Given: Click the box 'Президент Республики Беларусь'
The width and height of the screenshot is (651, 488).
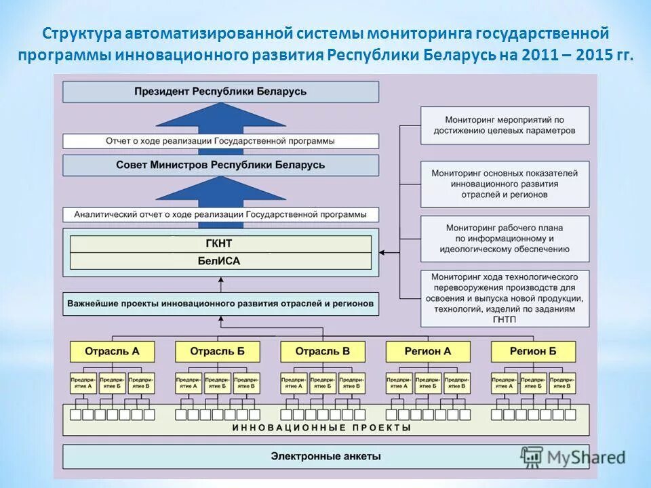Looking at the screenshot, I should [x=220, y=91].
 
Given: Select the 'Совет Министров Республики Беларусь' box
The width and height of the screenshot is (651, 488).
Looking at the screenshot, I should [x=220, y=165].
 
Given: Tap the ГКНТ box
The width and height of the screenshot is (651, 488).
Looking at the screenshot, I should [x=220, y=243].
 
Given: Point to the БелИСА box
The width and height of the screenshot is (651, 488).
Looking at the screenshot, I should [x=220, y=261].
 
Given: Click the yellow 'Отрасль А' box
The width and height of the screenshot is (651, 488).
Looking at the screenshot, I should [x=112, y=351].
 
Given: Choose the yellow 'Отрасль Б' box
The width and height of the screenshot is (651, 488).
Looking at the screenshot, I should [x=217, y=351].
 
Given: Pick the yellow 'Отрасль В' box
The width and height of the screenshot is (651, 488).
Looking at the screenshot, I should [x=323, y=351].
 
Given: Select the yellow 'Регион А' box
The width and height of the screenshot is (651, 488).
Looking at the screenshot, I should [x=428, y=351].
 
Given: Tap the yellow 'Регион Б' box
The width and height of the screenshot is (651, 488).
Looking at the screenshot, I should [x=533, y=351].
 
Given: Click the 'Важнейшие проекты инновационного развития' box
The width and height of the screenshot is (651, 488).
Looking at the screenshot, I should [x=220, y=304].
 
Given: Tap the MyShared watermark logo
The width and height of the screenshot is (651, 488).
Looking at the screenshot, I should [x=573, y=456].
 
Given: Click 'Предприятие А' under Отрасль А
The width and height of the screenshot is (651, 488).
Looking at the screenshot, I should [x=83, y=383].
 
